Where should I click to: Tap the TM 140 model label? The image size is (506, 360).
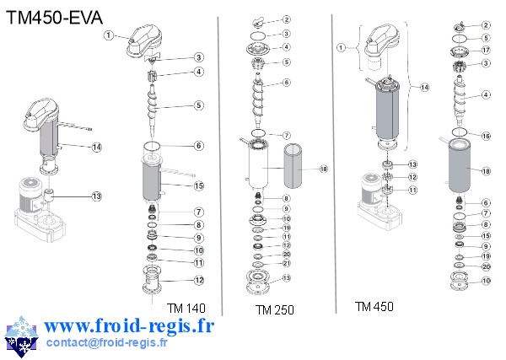tap(186, 308)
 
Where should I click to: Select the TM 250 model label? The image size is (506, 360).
tap(275, 310)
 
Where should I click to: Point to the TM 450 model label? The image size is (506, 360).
tap(374, 306)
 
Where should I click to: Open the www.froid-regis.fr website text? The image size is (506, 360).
tap(128, 325)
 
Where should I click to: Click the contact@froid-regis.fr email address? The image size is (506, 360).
tap(106, 342)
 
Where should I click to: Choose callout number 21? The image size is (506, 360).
tap(287, 264)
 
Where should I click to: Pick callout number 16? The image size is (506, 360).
tap(487, 136)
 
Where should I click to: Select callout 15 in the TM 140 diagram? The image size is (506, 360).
tap(199, 185)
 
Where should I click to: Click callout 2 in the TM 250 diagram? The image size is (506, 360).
tap(287, 19)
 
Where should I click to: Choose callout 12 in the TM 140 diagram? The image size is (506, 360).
tap(199, 280)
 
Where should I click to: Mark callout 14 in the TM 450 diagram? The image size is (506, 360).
tap(424, 87)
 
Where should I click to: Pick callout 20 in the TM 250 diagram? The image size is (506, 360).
tap(287, 255)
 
